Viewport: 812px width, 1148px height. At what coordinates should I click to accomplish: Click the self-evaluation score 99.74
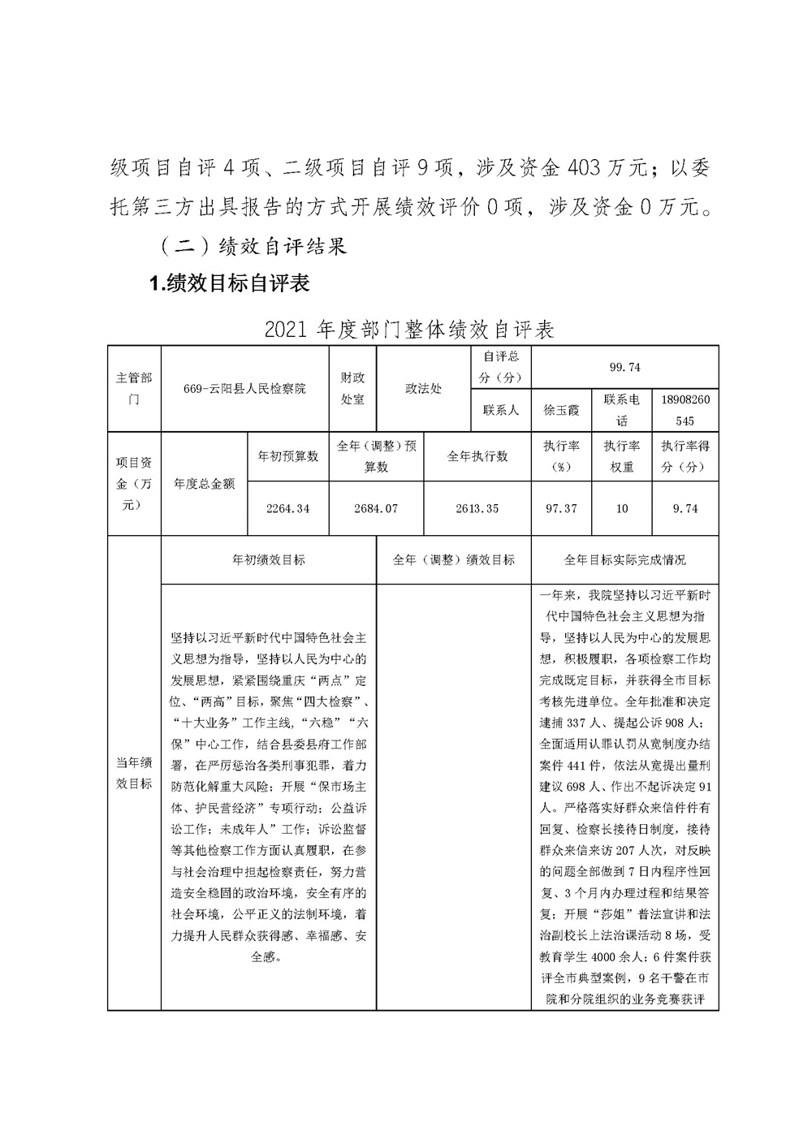click(x=624, y=367)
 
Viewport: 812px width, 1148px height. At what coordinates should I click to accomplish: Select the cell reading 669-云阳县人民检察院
click(x=244, y=389)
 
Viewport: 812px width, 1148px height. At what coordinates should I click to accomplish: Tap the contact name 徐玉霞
click(x=561, y=410)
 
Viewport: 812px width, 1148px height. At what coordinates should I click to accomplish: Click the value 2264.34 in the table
click(x=287, y=508)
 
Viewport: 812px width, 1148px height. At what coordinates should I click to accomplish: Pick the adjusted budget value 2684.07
click(x=376, y=508)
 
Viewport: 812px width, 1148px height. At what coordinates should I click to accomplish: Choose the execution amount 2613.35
click(x=477, y=508)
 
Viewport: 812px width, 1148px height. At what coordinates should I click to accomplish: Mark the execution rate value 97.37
click(x=561, y=508)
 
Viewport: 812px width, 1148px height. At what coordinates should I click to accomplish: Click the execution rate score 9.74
click(x=685, y=508)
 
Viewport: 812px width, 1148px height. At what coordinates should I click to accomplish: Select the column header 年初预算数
click(x=287, y=456)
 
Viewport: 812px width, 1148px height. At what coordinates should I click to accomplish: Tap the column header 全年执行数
click(x=477, y=456)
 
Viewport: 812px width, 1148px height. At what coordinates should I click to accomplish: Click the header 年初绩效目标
click(x=269, y=560)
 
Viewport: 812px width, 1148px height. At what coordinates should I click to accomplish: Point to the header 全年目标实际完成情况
click(x=624, y=560)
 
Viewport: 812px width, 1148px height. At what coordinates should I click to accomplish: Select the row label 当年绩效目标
click(x=134, y=773)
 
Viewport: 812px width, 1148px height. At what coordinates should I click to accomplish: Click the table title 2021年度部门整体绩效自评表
click(x=409, y=330)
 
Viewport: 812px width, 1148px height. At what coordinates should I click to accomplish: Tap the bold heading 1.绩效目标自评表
click(x=229, y=283)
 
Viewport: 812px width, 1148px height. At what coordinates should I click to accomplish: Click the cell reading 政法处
click(x=424, y=389)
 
